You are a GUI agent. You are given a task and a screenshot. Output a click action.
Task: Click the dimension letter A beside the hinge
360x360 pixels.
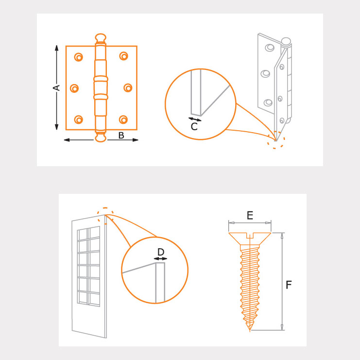56,88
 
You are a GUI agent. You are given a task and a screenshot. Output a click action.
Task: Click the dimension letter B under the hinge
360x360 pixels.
121,136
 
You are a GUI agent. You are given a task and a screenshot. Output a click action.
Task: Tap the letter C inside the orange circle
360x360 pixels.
194,126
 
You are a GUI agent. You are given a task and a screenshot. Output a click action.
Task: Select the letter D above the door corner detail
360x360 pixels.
161,252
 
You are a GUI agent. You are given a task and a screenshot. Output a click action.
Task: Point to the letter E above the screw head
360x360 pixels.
250,215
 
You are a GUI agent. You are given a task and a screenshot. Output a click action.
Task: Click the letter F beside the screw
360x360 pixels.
289,285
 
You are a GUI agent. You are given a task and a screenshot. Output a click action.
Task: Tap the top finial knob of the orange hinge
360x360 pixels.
101,38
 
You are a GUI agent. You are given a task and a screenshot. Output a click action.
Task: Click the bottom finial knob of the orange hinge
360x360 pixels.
101,137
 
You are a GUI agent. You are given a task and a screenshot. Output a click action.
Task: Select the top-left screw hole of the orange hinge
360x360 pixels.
79,57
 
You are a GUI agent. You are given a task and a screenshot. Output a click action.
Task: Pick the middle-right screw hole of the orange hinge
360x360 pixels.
128,88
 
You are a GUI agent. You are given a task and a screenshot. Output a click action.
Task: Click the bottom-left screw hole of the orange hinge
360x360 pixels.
79,120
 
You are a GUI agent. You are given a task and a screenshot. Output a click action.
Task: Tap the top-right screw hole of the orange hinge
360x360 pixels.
123,56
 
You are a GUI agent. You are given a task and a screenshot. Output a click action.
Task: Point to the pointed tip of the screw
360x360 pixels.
250,330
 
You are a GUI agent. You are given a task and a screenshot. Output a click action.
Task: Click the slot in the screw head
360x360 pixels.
250,235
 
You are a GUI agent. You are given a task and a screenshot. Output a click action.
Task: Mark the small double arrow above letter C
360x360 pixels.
195,120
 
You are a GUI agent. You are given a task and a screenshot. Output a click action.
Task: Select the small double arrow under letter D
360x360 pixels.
160,259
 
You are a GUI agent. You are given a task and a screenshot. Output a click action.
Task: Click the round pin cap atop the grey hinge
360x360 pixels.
286,41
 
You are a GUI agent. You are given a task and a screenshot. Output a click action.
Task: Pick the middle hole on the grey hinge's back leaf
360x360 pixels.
265,74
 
